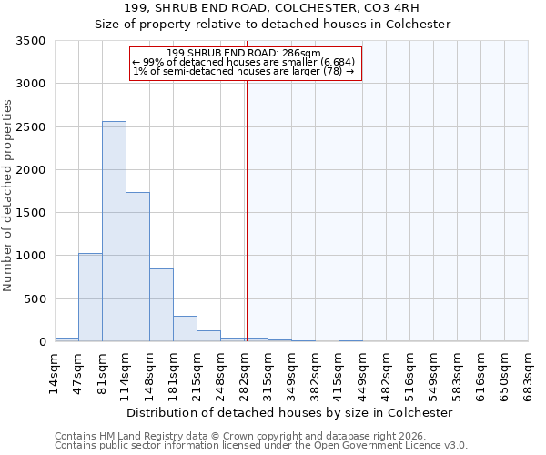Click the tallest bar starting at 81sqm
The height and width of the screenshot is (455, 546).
tap(114, 231)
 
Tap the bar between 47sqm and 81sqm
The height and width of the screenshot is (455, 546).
tap(90, 297)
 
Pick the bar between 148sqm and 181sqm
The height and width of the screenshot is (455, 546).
tap(161, 305)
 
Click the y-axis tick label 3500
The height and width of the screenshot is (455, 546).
tap(31, 41)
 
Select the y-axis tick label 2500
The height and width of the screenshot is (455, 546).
tap(31, 127)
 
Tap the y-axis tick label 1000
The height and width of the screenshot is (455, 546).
tap(31, 256)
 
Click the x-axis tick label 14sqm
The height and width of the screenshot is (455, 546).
tap(56, 373)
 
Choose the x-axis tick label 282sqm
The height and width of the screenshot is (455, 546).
tap(245, 373)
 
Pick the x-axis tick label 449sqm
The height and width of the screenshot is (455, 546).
tap(363, 373)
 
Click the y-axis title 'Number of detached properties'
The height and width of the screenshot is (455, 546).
tap(8, 191)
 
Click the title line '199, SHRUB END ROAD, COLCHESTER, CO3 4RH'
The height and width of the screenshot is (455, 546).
tap(273, 8)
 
